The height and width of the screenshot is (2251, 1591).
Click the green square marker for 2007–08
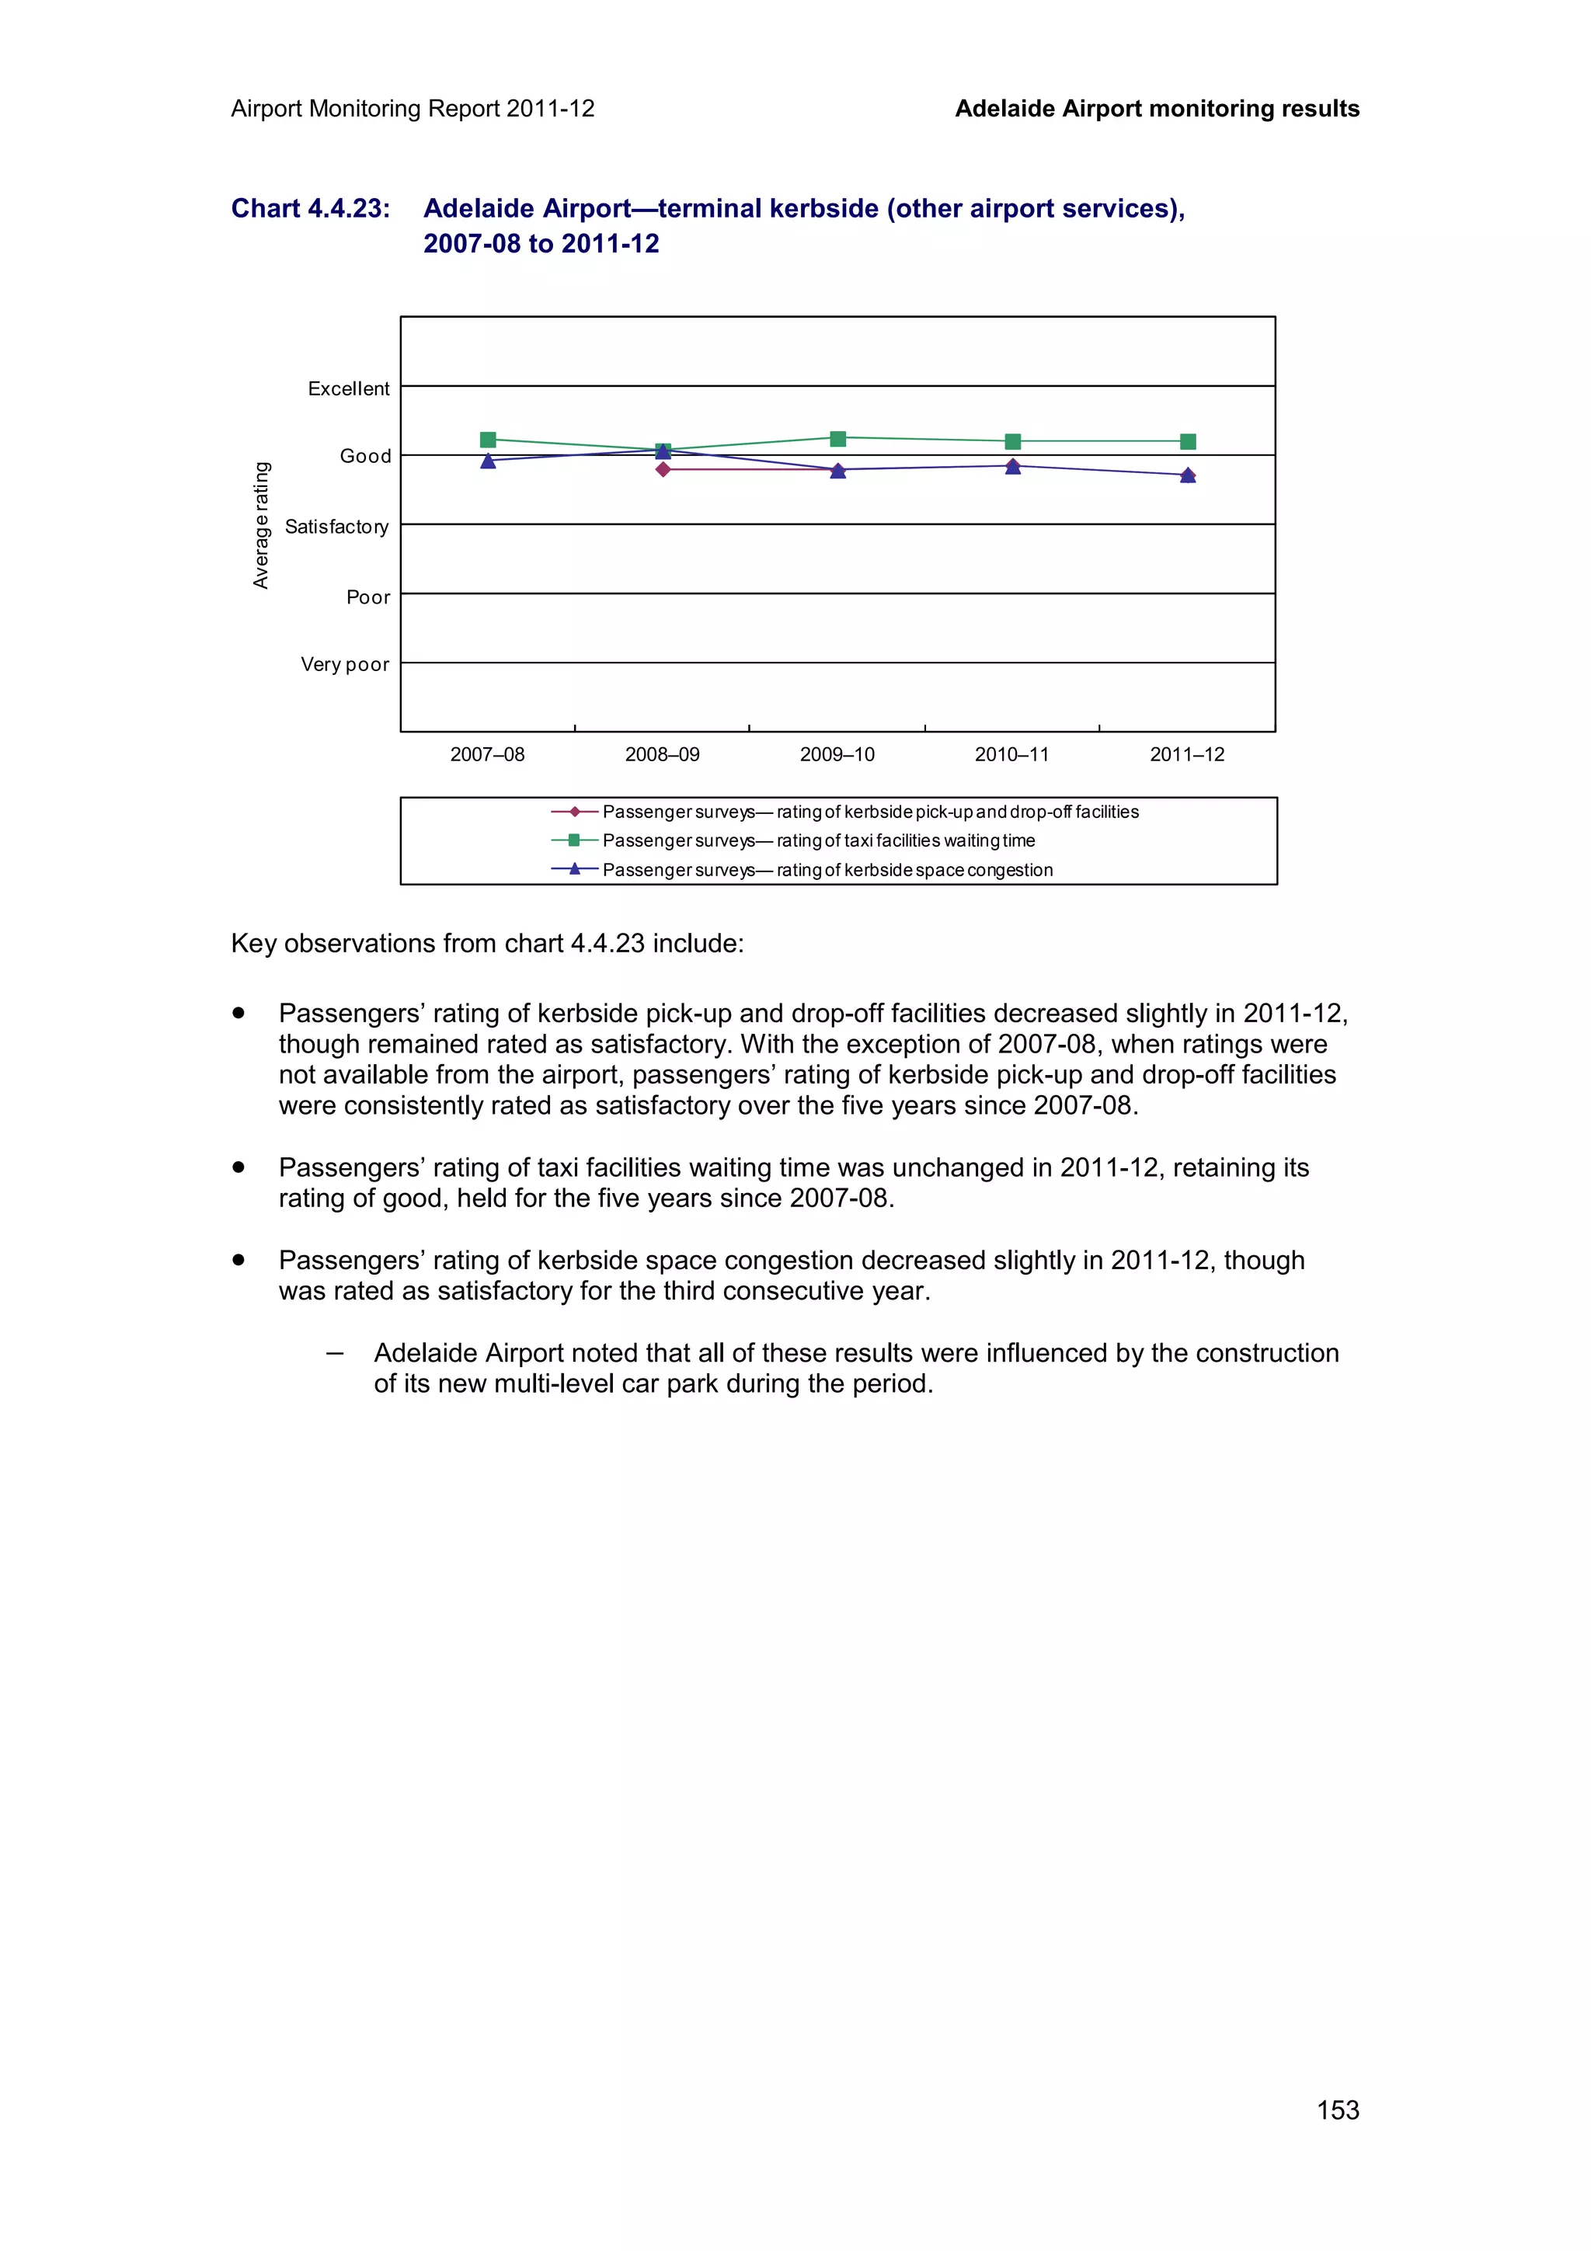pos(488,439)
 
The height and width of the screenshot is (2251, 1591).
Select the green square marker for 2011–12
pos(1187,441)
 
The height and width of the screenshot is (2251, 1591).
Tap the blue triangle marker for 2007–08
pos(488,461)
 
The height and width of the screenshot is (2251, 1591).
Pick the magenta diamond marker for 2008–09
pos(663,470)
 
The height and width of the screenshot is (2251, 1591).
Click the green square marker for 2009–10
pos(837,438)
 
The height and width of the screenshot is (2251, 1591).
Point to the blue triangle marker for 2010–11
pos(1013,468)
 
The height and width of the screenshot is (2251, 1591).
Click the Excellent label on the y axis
pos(348,388)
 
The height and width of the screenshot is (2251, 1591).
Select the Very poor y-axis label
pos(344,664)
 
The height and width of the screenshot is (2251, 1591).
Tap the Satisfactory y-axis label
pos(336,527)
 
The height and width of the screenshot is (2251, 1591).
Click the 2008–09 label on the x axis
pos(662,754)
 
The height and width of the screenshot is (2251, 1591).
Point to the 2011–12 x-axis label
pos(1186,754)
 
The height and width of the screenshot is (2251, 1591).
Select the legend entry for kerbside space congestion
pos(827,870)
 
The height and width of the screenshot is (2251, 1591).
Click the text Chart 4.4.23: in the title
pos(310,208)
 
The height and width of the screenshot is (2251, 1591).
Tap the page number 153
pos(1337,2110)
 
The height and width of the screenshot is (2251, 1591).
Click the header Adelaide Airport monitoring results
pos(1157,109)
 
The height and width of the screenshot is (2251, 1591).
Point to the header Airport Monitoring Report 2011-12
pos(413,109)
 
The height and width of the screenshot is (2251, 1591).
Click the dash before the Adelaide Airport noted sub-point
pos(336,1353)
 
